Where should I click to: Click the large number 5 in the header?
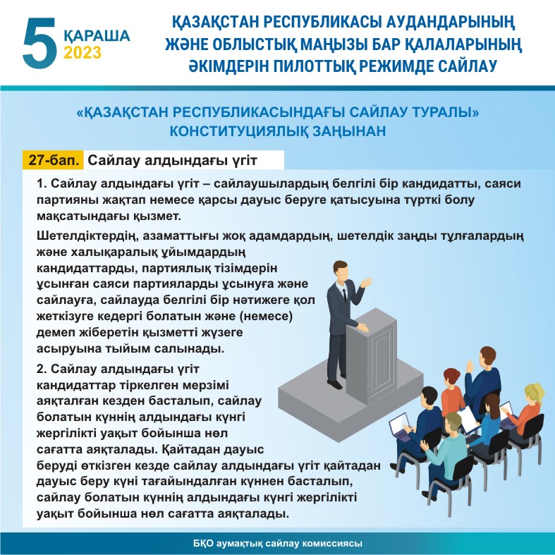click(x=39, y=42)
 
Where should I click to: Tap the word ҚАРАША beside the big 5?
click(x=97, y=36)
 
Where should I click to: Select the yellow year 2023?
click(x=83, y=52)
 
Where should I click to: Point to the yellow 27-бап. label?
click(x=53, y=160)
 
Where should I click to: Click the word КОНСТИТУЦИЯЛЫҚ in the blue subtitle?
click(x=238, y=131)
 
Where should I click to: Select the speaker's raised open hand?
click(x=365, y=282)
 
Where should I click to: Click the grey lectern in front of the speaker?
click(x=371, y=355)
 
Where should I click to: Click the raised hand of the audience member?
click(x=470, y=365)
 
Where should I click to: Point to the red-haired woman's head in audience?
click(x=451, y=377)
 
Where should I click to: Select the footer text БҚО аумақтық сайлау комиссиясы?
click(x=278, y=543)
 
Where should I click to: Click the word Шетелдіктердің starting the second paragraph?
click(x=86, y=236)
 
